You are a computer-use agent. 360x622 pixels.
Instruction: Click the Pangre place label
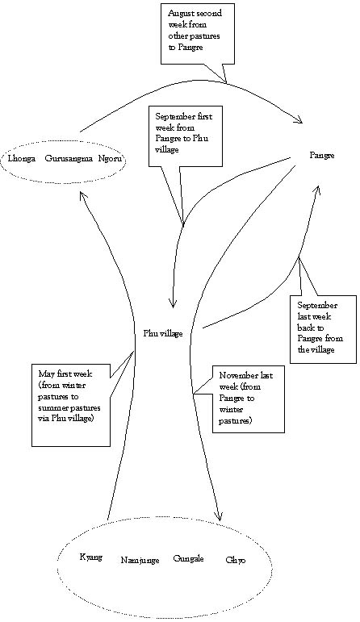(x=322, y=156)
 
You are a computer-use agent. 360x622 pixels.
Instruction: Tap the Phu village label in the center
(x=163, y=334)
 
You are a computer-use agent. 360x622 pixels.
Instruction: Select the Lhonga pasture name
(x=22, y=159)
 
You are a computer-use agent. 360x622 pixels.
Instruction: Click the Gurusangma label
(x=69, y=159)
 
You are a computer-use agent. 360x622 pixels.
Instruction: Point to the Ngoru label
(x=111, y=159)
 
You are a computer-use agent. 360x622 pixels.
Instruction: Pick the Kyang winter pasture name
(x=91, y=557)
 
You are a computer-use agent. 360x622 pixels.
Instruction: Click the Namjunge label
(x=140, y=561)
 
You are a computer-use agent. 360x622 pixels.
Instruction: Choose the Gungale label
(x=189, y=559)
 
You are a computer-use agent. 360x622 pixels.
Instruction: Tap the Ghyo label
(x=236, y=561)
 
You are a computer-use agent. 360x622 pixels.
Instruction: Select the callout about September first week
(x=185, y=136)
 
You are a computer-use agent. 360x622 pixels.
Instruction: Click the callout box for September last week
(x=323, y=329)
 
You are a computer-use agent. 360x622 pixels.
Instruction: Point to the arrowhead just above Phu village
(x=173, y=303)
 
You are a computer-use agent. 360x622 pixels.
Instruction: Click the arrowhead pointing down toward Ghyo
(x=217, y=516)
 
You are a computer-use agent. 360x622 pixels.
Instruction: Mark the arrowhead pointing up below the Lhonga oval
(x=82, y=197)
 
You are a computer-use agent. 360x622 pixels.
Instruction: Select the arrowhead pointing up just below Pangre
(x=316, y=190)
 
